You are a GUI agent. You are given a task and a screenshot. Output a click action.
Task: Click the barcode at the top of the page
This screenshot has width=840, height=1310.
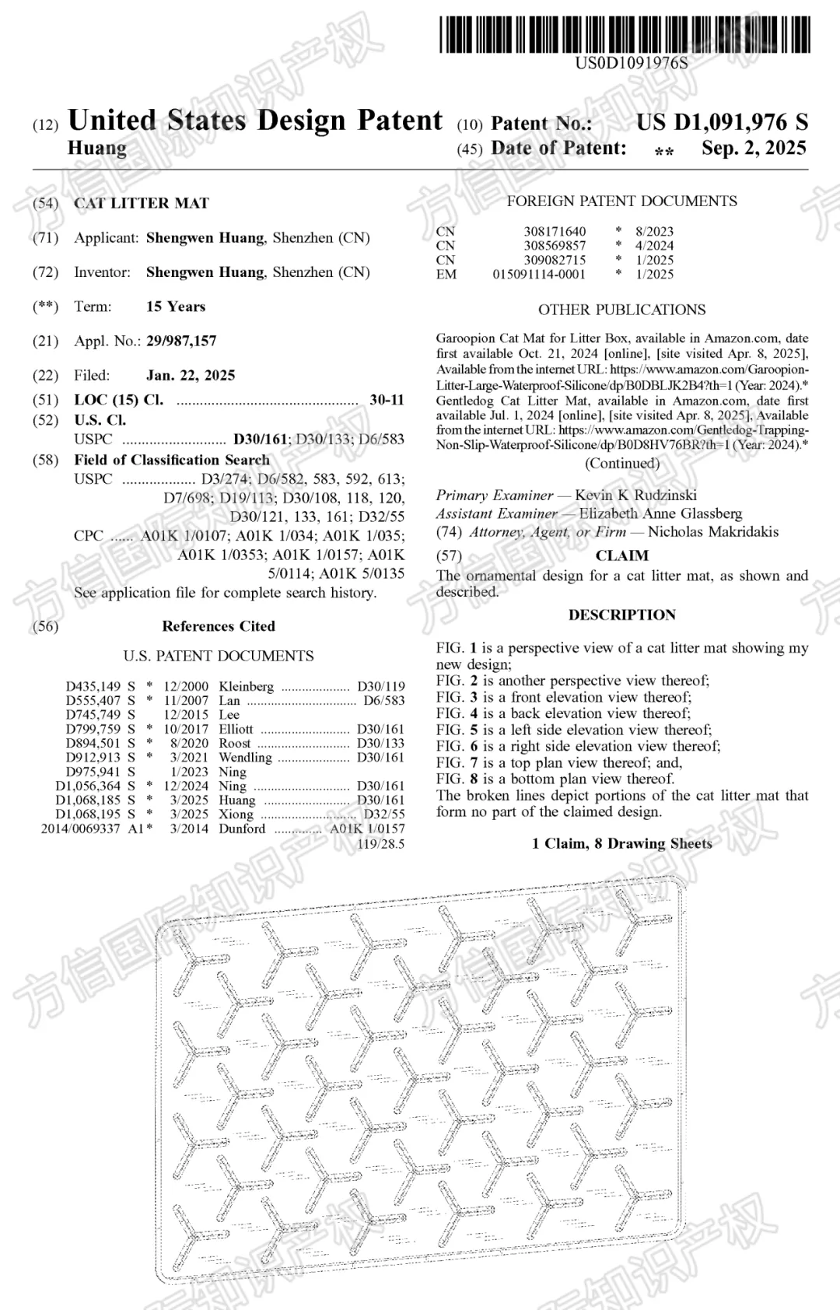(625, 35)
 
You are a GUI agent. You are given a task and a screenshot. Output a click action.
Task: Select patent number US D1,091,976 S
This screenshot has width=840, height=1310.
(722, 122)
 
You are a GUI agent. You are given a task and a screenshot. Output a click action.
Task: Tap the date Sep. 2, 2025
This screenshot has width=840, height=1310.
(753, 148)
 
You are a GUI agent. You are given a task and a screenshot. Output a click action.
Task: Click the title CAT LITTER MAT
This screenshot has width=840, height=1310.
(142, 204)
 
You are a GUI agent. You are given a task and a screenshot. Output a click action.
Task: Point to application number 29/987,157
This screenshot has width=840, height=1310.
(181, 341)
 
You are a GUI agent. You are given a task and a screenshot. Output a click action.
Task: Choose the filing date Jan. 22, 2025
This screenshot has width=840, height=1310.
(191, 375)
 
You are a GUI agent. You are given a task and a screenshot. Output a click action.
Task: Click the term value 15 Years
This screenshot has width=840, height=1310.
(176, 306)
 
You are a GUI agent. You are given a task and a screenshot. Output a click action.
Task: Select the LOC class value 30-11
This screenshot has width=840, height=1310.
(387, 400)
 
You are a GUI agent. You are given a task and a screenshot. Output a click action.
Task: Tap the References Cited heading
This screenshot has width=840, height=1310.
(219, 626)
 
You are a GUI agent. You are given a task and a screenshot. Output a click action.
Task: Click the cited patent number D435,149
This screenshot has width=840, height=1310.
(93, 686)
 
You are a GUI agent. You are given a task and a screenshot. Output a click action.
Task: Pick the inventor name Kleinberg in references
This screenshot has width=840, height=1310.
(246, 686)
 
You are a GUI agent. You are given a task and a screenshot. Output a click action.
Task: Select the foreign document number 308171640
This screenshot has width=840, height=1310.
(555, 232)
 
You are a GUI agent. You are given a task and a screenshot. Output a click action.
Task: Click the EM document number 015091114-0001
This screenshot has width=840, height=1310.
(539, 274)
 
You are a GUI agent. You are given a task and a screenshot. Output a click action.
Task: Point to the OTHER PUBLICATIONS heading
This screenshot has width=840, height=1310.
(621, 310)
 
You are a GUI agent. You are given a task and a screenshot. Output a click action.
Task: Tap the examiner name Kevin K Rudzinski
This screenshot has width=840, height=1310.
(635, 496)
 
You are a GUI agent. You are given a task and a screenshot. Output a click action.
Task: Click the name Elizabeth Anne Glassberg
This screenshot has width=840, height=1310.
(660, 513)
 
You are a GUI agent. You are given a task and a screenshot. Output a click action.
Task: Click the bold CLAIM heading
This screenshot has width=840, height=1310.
(621, 555)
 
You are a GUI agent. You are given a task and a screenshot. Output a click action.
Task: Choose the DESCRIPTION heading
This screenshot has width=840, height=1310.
(621, 615)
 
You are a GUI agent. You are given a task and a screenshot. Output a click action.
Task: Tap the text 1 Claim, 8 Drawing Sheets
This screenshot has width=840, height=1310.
(621, 843)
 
